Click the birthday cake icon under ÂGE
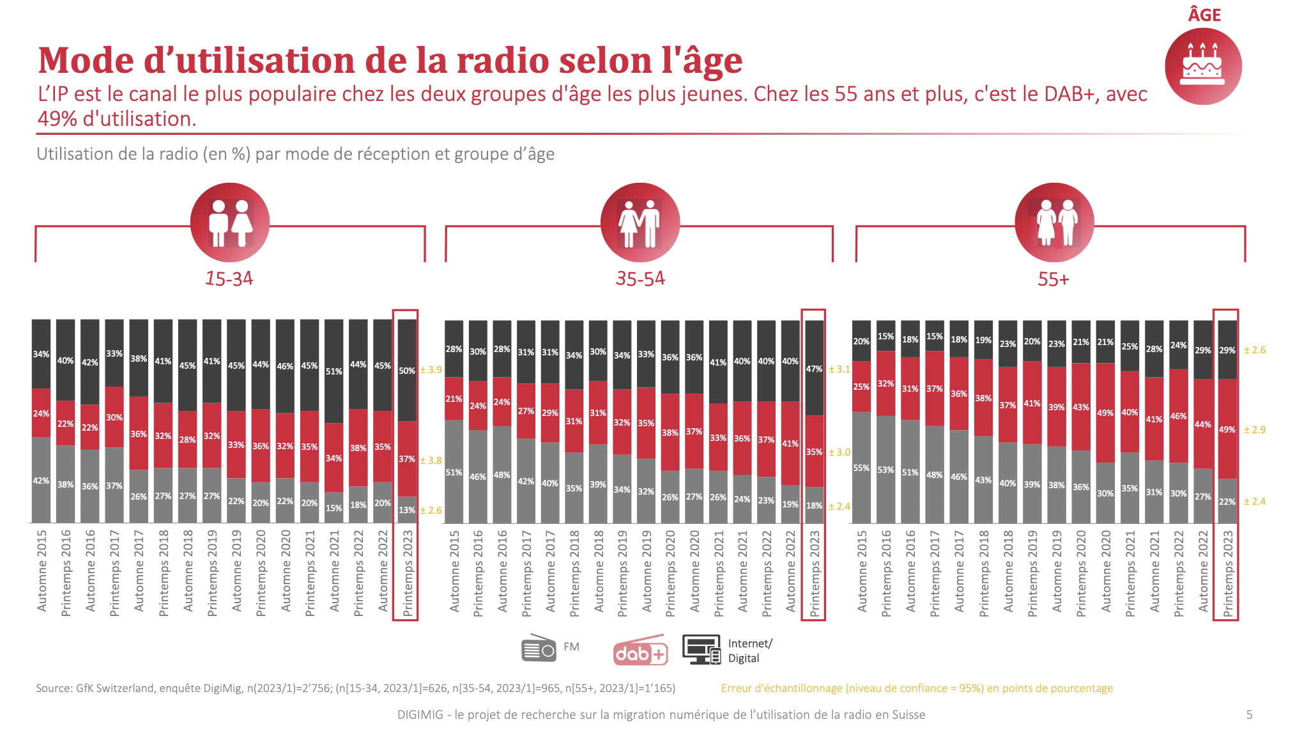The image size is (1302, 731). (x=1202, y=66)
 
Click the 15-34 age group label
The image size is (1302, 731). (x=229, y=279)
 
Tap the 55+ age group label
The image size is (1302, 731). (x=1053, y=279)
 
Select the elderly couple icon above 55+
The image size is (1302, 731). (x=1054, y=223)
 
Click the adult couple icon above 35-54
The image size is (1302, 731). (x=640, y=223)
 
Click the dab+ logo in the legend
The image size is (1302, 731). (x=640, y=651)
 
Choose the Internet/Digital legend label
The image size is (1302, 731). (x=749, y=650)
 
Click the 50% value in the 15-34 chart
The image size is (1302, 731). (x=407, y=371)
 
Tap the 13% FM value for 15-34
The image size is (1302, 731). (x=407, y=510)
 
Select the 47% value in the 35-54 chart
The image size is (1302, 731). (x=814, y=369)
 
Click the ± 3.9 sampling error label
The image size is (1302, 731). (x=431, y=370)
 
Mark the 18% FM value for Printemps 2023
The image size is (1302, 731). (x=814, y=505)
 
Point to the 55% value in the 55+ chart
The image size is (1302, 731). (x=861, y=468)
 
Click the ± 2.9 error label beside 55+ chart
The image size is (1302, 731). (x=1255, y=430)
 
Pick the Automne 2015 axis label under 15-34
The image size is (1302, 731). (x=42, y=571)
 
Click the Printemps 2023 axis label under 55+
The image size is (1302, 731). (x=1227, y=573)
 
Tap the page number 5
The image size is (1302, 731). (x=1249, y=714)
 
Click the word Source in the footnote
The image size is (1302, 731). (x=53, y=688)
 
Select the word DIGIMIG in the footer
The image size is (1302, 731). (x=420, y=714)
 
